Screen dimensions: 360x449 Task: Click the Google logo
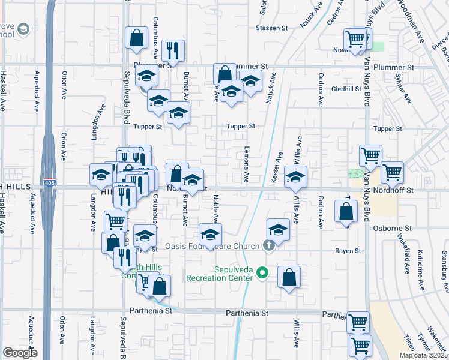click(20, 353)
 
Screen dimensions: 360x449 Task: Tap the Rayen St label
click(348, 250)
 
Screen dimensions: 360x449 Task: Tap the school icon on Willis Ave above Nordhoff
click(295, 176)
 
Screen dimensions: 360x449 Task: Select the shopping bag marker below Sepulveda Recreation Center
click(289, 277)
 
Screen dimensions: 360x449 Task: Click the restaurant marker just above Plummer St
click(173, 50)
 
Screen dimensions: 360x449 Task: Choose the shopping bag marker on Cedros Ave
click(346, 211)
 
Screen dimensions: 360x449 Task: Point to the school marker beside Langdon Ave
click(101, 175)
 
